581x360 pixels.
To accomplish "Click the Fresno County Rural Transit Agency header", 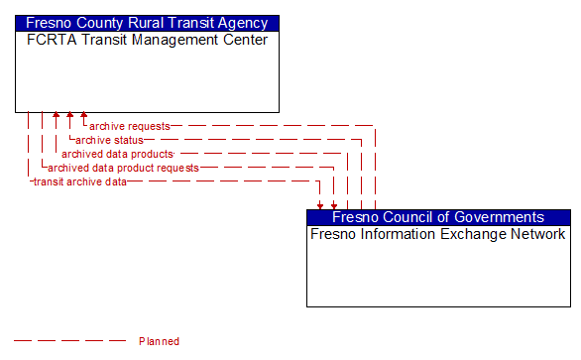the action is pos(147,23).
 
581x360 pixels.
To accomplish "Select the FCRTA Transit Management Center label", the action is pos(147,41).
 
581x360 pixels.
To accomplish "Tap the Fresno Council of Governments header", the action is pos(438,217).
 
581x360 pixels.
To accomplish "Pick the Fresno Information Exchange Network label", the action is pos(438,235).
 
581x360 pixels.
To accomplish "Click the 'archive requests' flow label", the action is pos(129,126).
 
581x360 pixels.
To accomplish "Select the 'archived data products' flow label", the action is pos(117,154).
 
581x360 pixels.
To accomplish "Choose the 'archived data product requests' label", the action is pos(123,168).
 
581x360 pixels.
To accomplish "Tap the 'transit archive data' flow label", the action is pos(80,181).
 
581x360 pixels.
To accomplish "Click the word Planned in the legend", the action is pos(159,341).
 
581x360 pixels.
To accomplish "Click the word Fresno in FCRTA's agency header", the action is pos(50,23).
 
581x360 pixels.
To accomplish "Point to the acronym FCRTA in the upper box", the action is pos(49,41).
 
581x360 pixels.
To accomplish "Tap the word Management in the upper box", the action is pos(175,41).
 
